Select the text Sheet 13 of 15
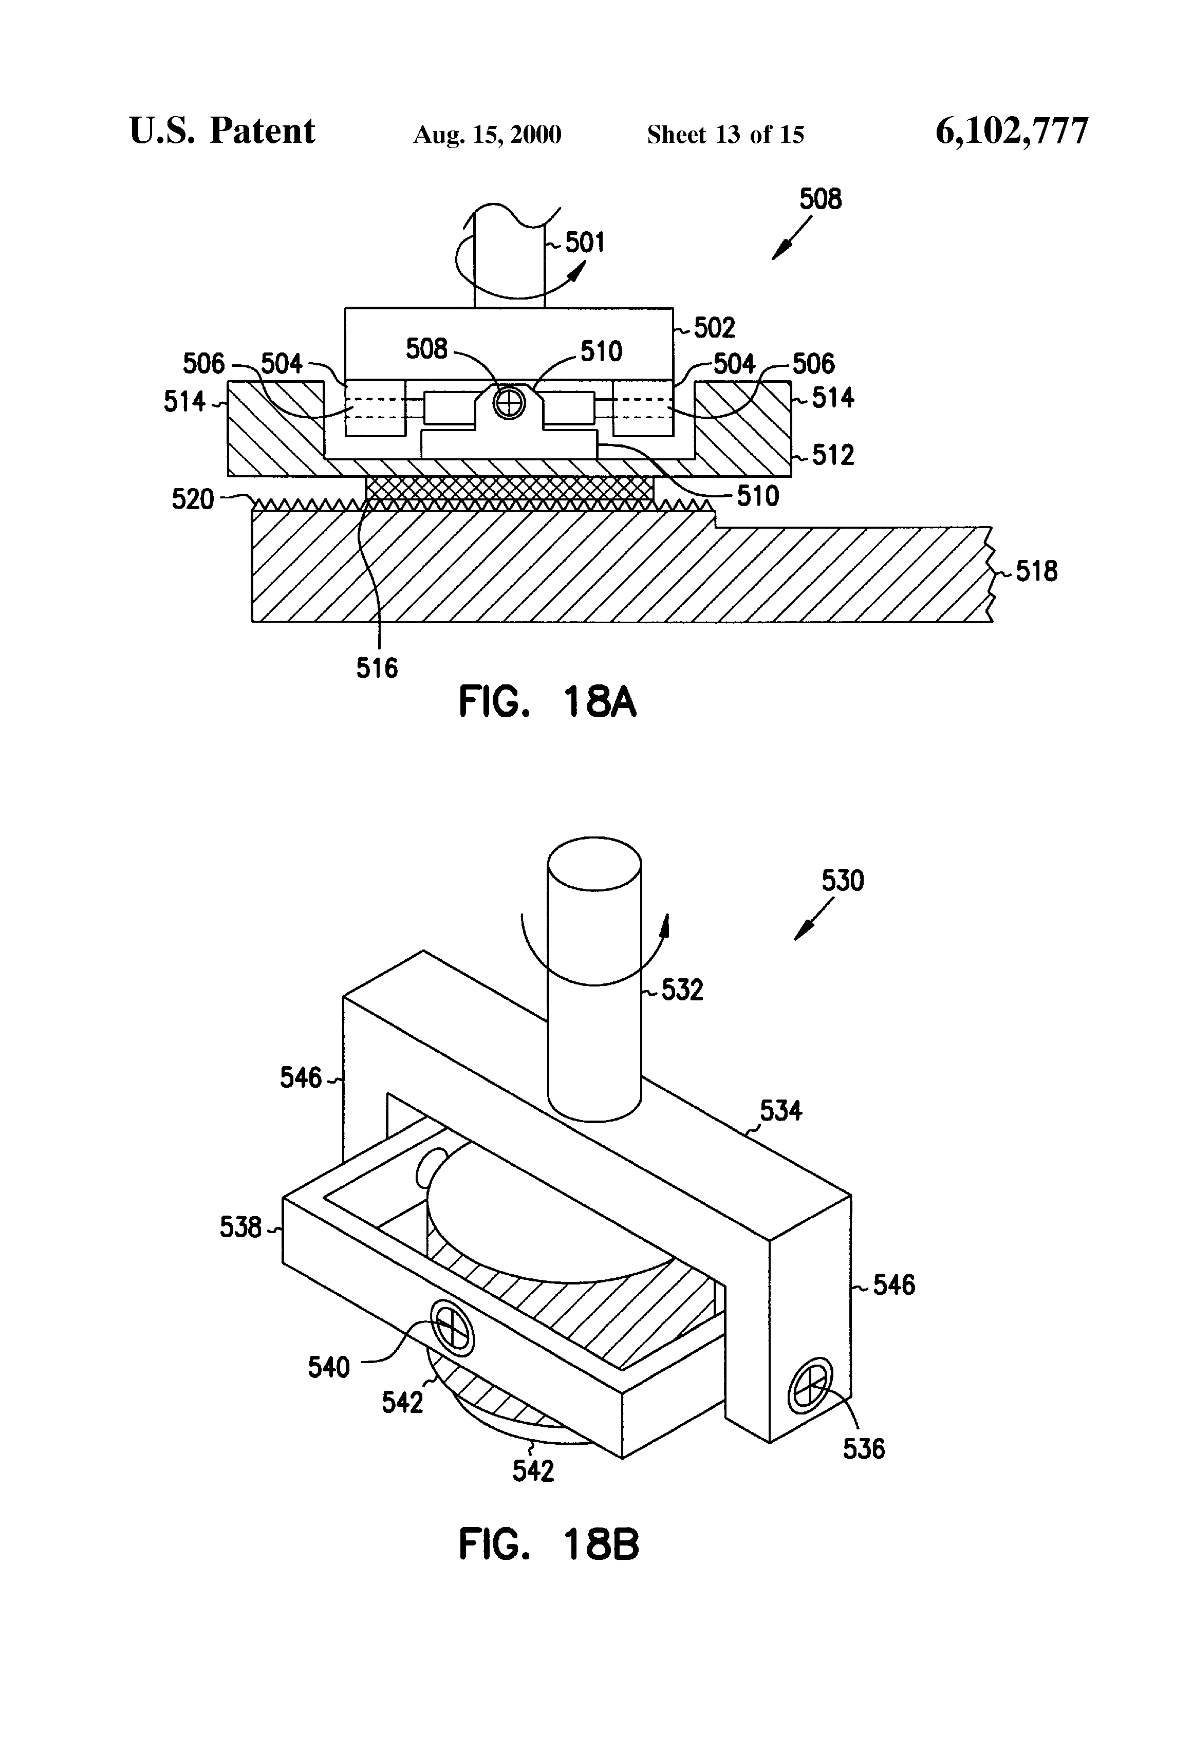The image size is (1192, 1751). click(x=725, y=135)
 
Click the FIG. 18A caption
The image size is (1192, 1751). click(x=548, y=702)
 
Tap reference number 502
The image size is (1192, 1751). click(x=714, y=328)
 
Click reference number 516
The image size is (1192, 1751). click(x=377, y=667)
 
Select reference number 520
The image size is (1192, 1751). click(x=193, y=499)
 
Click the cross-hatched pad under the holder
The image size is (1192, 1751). click(x=509, y=493)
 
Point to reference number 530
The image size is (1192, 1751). click(x=843, y=880)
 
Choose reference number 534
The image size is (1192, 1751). click(x=780, y=1111)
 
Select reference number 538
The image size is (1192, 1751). click(x=240, y=1228)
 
